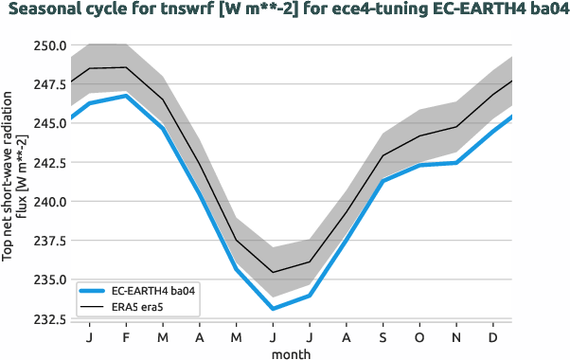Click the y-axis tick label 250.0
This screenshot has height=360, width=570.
(x=46, y=45)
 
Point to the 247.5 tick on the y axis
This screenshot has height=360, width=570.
(x=46, y=84)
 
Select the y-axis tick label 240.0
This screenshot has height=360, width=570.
(x=46, y=202)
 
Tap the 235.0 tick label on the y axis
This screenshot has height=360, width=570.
(x=46, y=279)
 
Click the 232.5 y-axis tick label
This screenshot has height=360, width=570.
(x=46, y=319)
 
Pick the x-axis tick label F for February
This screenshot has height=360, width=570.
(x=126, y=337)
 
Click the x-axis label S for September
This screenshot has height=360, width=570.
(x=383, y=337)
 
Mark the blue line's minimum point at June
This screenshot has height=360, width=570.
(x=273, y=309)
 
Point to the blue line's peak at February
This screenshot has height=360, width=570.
(x=126, y=96)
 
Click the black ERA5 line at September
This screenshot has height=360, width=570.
(x=383, y=155)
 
